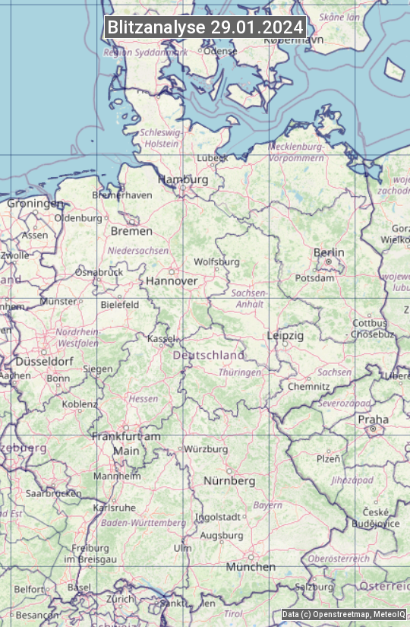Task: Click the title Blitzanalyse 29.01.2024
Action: pos(205,27)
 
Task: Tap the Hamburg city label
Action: pos(182,179)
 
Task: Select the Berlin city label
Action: pos(329,252)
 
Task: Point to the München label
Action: pos(251,567)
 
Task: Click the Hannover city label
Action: pos(172,280)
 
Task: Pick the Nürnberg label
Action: pos(229,481)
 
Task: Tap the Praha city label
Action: pos(373,420)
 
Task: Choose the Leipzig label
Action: pos(285,335)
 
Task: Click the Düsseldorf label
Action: pos(44,362)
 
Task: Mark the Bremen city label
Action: pos(131,231)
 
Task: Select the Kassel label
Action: pos(161,338)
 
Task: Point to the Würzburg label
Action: pos(206,449)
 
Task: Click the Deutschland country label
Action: pos(209,355)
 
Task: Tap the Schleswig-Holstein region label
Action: pos(160,138)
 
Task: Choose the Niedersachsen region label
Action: pos(138,250)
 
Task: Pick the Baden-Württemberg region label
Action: pos(143,523)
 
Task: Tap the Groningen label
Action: pos(35,204)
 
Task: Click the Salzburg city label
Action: pos(314,587)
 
